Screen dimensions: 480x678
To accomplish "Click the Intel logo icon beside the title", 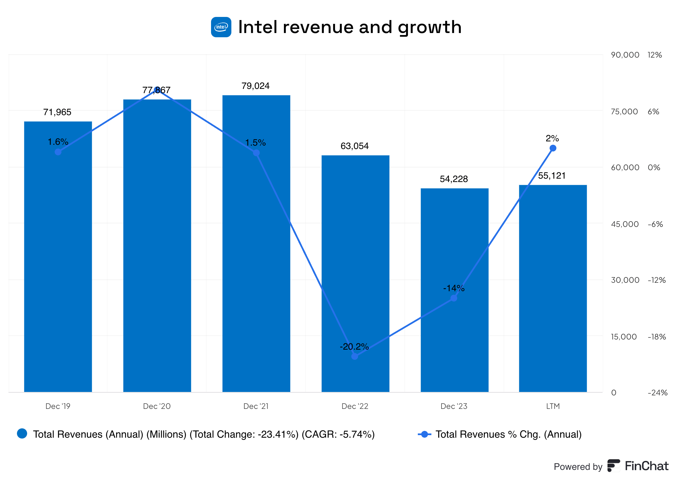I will (221, 27).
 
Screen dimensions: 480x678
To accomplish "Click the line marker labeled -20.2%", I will (355, 356).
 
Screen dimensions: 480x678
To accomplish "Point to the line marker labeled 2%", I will (553, 148).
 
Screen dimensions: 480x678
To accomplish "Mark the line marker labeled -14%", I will (454, 298).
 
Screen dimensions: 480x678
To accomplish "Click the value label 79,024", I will (256, 86).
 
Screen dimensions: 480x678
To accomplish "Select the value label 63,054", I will (354, 146).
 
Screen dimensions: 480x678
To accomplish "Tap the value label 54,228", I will (454, 179).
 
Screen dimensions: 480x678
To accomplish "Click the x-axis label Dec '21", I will (256, 406).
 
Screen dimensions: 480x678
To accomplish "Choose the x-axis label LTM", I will (553, 406).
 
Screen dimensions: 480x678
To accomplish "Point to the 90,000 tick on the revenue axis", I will (625, 55).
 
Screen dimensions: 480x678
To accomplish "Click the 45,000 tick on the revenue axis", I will (625, 224).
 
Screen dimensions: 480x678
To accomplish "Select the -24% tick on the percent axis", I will (657, 393).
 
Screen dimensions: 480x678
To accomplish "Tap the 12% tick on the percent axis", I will (654, 55).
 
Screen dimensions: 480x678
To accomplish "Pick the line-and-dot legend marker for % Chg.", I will (425, 434).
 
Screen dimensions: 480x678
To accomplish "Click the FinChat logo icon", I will (614, 466).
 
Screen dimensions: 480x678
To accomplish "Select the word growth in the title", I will (429, 27).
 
